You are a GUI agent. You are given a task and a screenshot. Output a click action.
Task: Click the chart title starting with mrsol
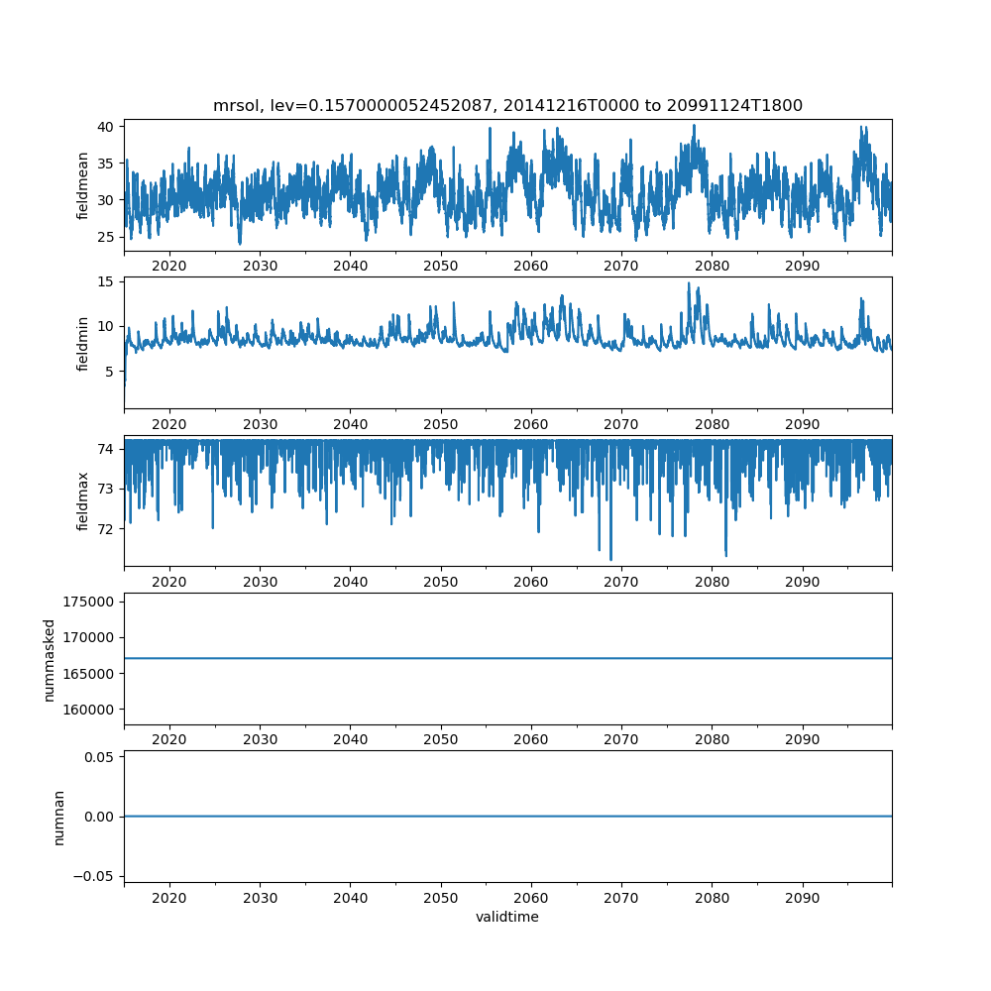507,105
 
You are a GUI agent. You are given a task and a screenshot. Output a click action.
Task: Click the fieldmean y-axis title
83,185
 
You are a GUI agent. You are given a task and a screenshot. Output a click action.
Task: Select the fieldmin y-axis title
83,344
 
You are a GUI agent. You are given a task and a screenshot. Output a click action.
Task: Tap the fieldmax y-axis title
83,501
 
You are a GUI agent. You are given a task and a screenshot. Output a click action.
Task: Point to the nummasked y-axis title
50,660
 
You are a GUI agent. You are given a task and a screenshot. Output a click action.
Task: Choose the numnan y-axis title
58,817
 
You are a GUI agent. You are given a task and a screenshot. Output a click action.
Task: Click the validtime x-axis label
507,918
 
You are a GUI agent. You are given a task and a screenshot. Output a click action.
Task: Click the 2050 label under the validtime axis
441,897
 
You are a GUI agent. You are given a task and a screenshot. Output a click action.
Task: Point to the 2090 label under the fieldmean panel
802,267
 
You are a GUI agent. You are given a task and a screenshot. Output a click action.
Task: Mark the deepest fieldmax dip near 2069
610,560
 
